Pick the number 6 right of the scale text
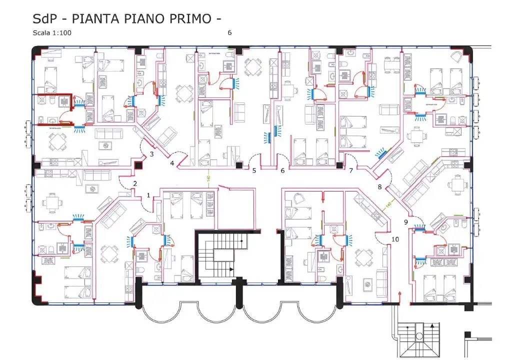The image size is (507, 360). tap(229, 33)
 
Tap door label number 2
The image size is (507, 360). tap(134, 183)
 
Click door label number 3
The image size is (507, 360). tap(151, 154)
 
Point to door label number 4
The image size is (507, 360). tap(172, 163)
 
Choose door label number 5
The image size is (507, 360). tap(254, 170)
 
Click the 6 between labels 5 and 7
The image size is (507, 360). tap(282, 170)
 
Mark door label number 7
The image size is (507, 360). tap(351, 170)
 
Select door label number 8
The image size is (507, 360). tap(379, 187)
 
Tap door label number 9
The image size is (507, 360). tap(406, 221)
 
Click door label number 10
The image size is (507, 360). tap(395, 239)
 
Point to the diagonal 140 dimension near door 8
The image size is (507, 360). tap(387, 204)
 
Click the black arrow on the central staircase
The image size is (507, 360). tap(231, 269)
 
